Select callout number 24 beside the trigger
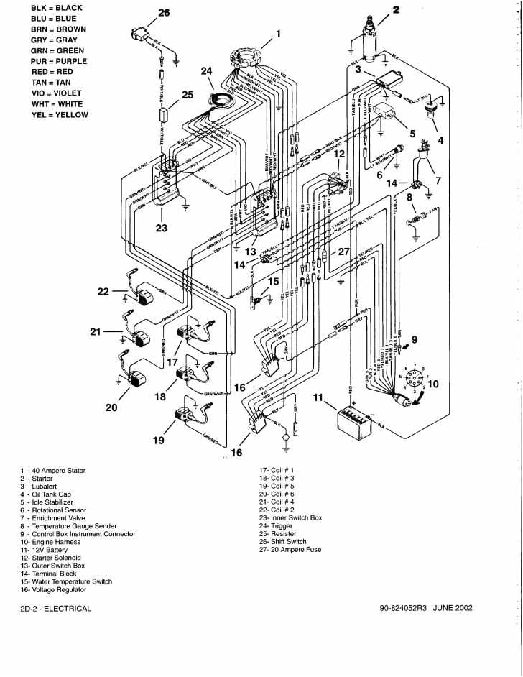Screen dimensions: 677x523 [207, 71]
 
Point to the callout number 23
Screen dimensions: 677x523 [161, 229]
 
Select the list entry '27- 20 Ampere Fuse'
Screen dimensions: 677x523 [290, 550]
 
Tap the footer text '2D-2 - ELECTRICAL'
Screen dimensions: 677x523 [56, 608]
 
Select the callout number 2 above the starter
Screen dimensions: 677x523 [395, 10]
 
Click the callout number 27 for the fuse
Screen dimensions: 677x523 [343, 252]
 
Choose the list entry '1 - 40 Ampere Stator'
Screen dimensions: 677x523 [53, 471]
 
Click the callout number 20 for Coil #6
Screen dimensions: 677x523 [111, 407]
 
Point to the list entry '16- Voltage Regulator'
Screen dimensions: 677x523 [53, 589]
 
